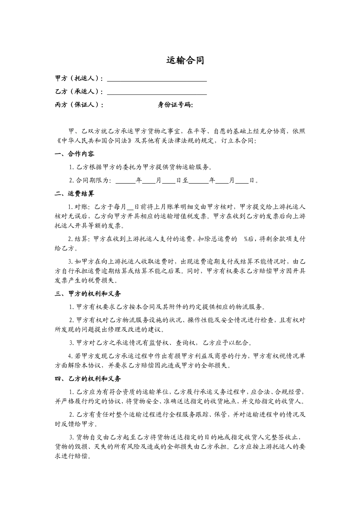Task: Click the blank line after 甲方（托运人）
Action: coord(157,79)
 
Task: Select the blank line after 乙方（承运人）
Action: coord(157,92)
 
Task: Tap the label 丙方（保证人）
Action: coord(79,105)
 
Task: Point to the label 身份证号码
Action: coord(175,105)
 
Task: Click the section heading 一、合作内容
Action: coord(75,154)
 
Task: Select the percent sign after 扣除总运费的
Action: coord(246,239)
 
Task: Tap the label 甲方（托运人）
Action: coord(79,79)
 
